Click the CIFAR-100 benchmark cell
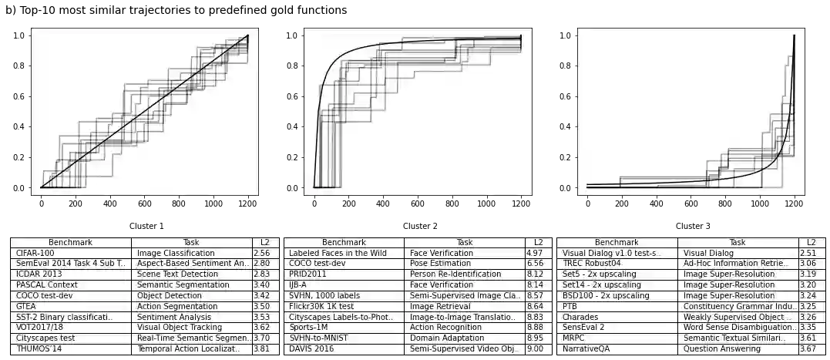(x=35, y=253)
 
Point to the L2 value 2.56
(x=261, y=253)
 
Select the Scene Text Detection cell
(x=177, y=274)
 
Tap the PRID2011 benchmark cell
(x=307, y=274)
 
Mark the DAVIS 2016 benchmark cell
(x=313, y=349)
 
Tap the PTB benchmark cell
(x=570, y=306)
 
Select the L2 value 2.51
(x=808, y=253)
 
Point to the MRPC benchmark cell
(x=574, y=338)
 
